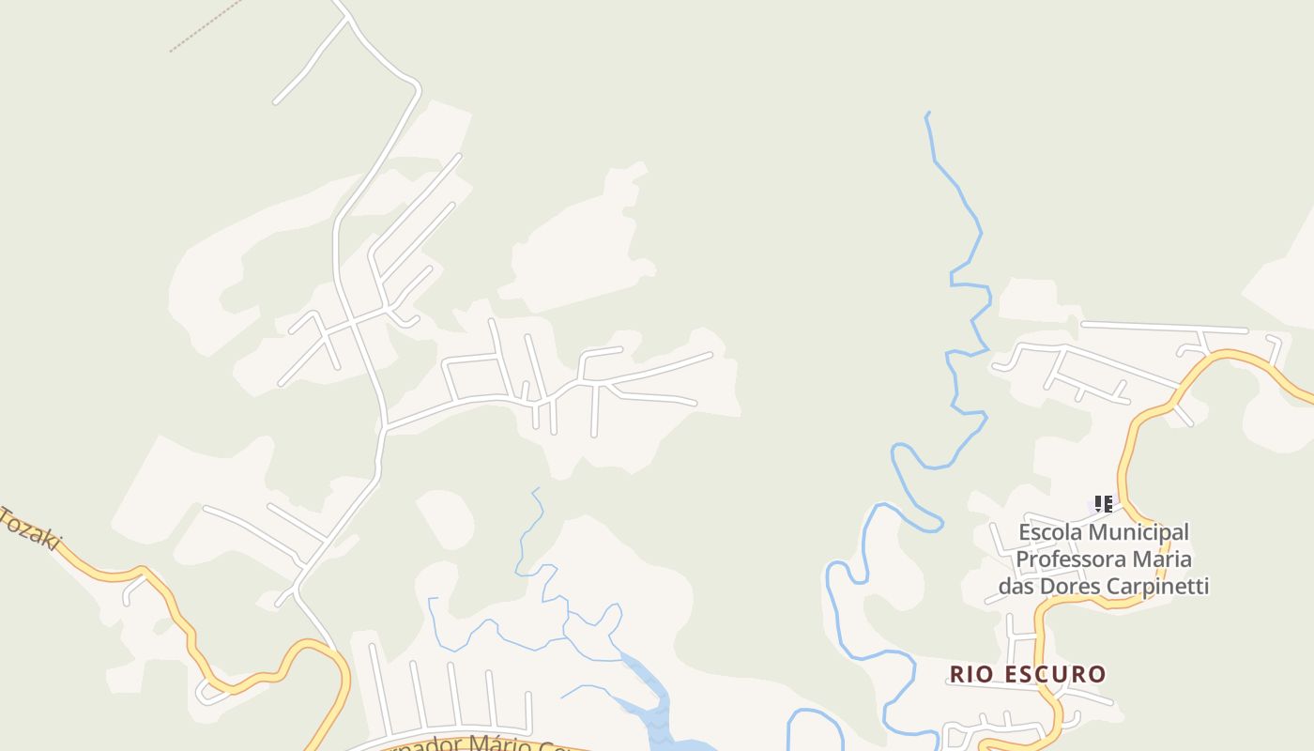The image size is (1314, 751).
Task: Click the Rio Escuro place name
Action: point(1028,674)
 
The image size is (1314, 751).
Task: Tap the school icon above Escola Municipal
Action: point(1104,504)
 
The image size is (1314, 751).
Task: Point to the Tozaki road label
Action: point(30,529)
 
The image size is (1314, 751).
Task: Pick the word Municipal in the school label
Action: point(1138,532)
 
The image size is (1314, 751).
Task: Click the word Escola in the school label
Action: point(1050,532)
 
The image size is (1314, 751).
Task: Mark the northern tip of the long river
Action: point(927,114)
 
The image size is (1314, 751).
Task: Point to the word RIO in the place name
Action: point(969,674)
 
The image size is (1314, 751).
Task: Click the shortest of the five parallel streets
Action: point(528,711)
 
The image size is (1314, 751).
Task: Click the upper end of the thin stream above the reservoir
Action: point(536,488)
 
